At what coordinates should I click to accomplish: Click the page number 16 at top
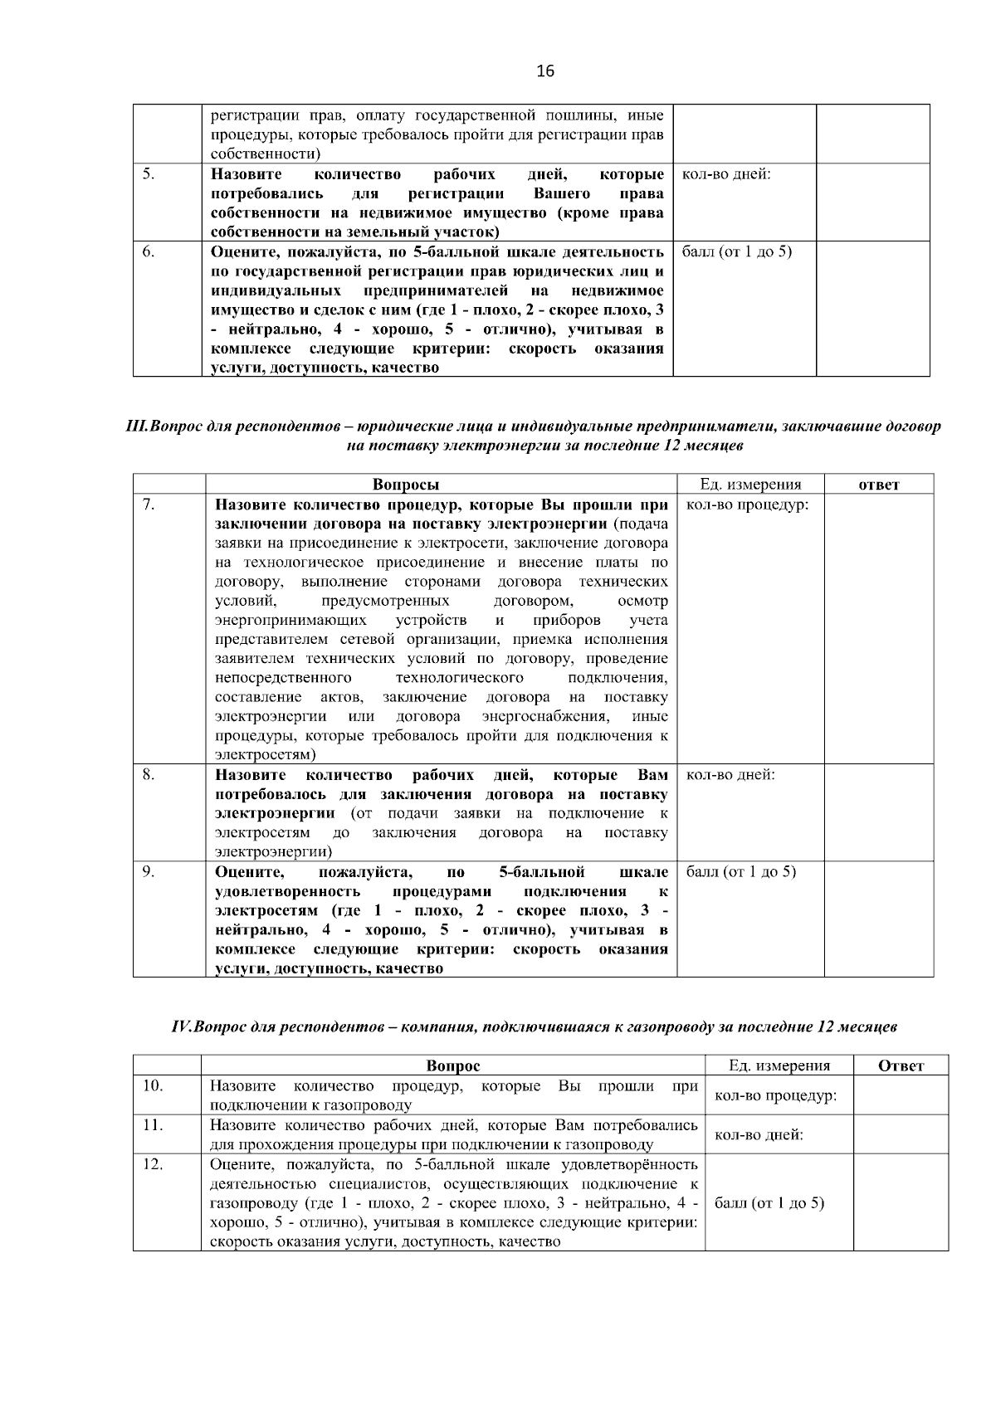pos(545,71)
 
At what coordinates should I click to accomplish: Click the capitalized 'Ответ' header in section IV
pos(901,1066)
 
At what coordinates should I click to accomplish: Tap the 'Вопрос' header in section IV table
pos(452,1066)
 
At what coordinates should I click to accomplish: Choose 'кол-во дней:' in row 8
pos(730,774)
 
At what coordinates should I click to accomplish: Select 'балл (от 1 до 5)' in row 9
pos(741,871)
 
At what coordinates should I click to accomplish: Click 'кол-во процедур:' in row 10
pos(775,1096)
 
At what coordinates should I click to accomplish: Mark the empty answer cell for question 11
pos(901,1134)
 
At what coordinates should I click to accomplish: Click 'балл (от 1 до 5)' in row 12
pos(769,1203)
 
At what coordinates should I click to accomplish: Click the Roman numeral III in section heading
pos(135,427)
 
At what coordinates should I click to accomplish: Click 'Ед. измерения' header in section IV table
pos(779,1066)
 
